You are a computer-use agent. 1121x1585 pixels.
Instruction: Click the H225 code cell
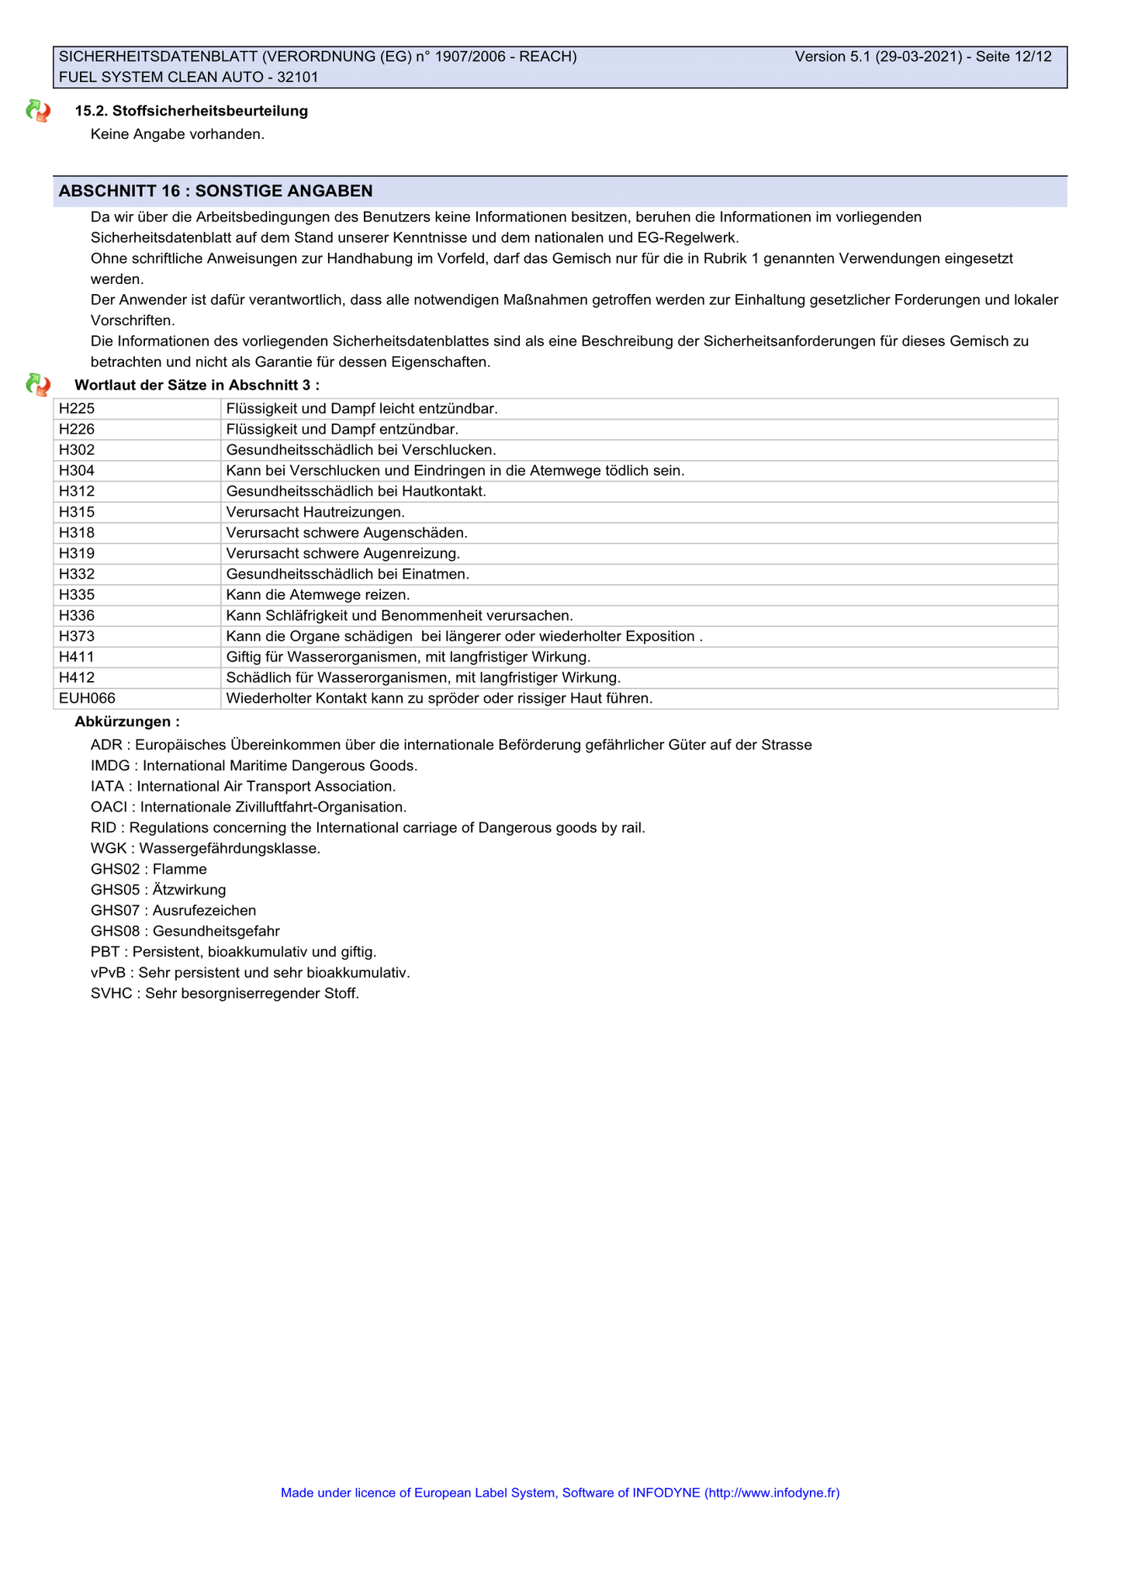(x=77, y=409)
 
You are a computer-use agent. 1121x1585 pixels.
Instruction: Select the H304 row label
(x=77, y=471)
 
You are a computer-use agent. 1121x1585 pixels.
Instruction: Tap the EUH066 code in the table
(x=87, y=699)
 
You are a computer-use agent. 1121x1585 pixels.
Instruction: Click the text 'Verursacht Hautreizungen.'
(x=315, y=512)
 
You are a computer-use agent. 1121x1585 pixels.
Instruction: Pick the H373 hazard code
(x=77, y=637)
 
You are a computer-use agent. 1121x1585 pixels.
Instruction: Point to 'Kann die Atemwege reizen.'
(x=317, y=595)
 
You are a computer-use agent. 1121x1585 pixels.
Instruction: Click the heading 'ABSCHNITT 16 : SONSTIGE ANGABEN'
(x=216, y=191)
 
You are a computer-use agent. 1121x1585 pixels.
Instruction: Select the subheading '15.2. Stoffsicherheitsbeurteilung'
(x=191, y=111)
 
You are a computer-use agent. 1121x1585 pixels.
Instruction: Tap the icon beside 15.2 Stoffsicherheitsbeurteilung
(x=38, y=111)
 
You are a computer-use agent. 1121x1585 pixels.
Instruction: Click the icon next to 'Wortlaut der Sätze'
(x=38, y=385)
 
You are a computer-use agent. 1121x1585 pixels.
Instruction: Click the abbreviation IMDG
(x=109, y=766)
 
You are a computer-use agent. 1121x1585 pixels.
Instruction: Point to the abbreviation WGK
(x=109, y=849)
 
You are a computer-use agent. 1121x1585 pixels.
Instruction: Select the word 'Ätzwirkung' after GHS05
(x=189, y=890)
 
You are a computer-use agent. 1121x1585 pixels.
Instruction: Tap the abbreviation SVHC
(x=111, y=994)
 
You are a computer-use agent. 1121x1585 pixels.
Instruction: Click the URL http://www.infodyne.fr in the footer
(x=772, y=1493)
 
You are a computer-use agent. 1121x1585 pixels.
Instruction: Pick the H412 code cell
(x=77, y=678)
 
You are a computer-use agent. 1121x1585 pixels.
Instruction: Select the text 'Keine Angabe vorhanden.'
(x=178, y=134)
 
